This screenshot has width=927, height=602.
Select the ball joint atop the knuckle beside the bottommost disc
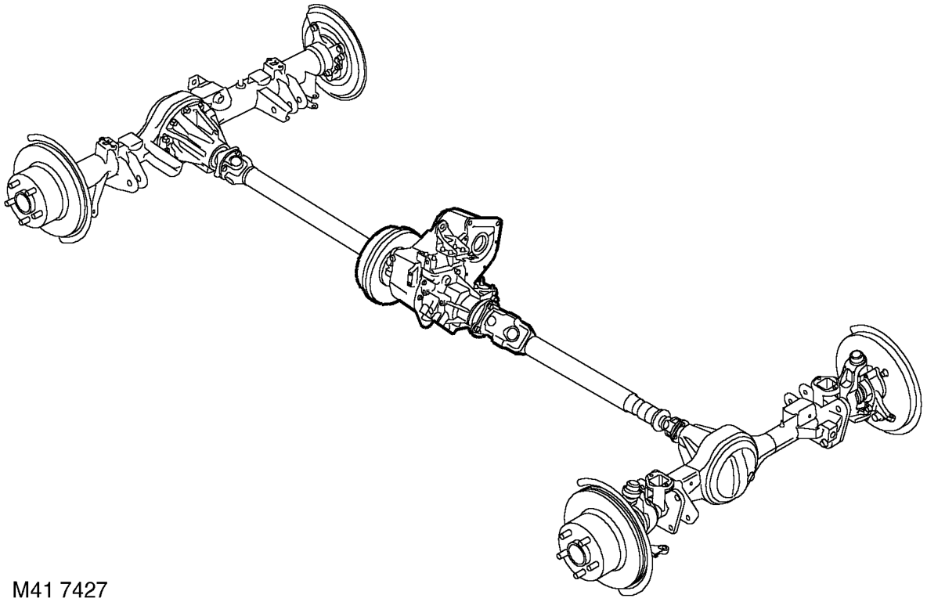[632, 487]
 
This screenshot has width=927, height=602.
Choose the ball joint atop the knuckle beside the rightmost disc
[853, 359]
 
